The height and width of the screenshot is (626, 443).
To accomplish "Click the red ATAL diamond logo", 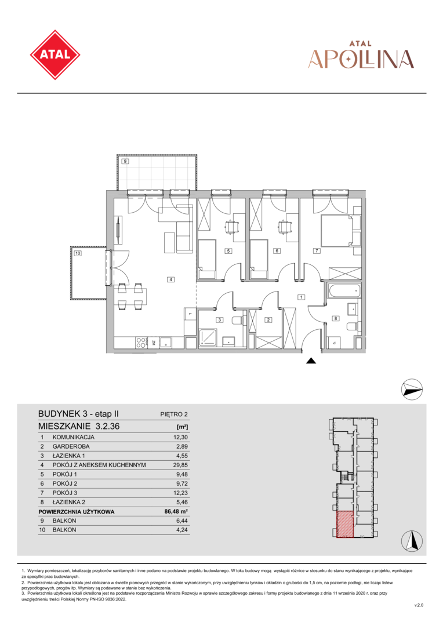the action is coord(55,54).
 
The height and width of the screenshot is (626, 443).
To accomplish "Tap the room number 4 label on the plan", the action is coord(170,279).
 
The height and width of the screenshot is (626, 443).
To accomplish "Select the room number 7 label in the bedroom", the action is coord(317,251).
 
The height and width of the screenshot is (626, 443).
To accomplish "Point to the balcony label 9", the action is coord(125,161).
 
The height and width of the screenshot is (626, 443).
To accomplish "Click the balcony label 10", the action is coord(78,253).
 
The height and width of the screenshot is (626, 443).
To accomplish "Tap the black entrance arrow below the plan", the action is coord(311,361).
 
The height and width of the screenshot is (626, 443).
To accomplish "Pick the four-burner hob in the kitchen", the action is coord(141,343).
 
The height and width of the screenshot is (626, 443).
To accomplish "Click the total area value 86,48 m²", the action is coord(176,511).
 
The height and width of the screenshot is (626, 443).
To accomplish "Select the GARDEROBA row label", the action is coord(71,446).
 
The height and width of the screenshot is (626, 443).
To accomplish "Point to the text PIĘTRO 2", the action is coord(174,414).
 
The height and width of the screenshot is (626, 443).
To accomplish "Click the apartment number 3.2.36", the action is coord(107,426).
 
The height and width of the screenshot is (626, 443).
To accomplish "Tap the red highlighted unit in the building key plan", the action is coord(345,524).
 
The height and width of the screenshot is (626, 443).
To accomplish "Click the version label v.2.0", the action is coord(419,605).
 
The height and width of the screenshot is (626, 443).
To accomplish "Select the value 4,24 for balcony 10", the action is coord(182,530).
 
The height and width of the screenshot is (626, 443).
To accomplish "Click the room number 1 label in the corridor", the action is coord(301,297).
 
